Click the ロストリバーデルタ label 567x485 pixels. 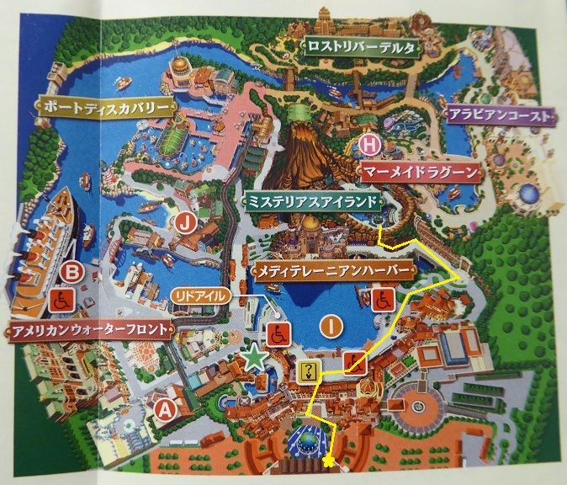click(361, 48)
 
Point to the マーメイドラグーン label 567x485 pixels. click(421, 172)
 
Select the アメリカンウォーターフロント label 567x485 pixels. click(88, 329)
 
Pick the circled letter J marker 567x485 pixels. click(187, 224)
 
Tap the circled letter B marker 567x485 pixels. click(73, 271)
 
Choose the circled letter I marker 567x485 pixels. click(334, 325)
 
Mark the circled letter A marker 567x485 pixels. click(165, 410)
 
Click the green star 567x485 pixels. click(254, 358)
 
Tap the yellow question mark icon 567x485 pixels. click(309, 370)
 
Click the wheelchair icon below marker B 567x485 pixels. click(64, 299)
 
